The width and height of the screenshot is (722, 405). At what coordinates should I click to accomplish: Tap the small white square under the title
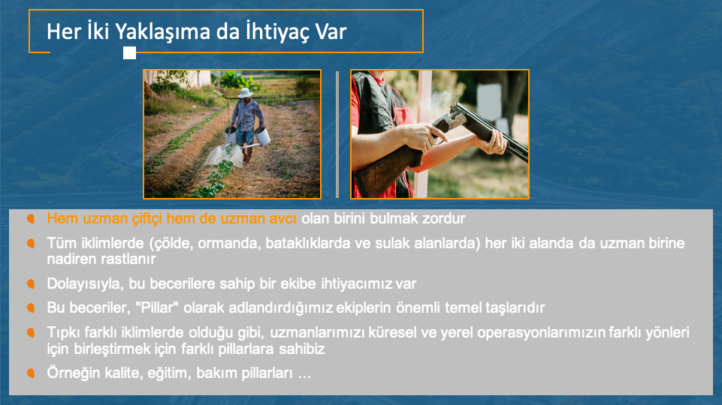click(x=129, y=52)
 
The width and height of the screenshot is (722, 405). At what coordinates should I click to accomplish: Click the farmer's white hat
click(x=245, y=93)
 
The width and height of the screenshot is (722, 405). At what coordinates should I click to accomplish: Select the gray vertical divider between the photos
click(x=337, y=134)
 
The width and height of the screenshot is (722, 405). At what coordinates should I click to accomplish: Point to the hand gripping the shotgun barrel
click(x=491, y=142)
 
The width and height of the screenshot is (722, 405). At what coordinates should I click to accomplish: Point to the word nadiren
click(x=71, y=259)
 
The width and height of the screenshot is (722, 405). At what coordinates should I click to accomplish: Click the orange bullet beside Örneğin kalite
click(x=31, y=373)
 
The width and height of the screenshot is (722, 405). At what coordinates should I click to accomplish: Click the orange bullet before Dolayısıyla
click(x=31, y=284)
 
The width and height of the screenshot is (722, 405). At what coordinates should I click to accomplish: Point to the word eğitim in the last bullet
click(x=170, y=373)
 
